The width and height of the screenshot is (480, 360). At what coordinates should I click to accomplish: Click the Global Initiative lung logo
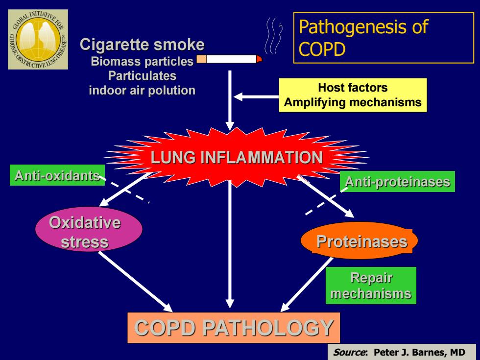(x=38, y=39)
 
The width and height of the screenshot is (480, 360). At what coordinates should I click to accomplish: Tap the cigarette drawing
(x=229, y=59)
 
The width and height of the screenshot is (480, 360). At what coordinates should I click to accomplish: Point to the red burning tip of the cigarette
(x=259, y=59)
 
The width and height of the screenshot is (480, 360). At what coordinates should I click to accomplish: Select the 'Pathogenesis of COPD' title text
(x=363, y=38)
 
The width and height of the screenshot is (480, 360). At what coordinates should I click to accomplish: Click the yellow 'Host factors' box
(x=353, y=95)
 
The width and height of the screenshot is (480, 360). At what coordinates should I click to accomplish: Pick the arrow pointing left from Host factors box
(x=256, y=97)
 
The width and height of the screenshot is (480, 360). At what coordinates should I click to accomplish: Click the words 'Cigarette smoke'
(x=142, y=45)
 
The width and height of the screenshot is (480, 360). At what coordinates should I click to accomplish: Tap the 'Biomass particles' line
(x=142, y=62)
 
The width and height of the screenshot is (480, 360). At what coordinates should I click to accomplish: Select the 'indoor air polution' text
(x=142, y=90)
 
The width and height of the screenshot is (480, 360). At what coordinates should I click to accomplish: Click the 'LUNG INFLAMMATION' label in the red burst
(x=236, y=157)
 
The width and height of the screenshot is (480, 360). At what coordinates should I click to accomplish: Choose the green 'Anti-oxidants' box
(x=57, y=175)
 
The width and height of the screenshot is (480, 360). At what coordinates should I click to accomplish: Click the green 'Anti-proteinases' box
(x=397, y=182)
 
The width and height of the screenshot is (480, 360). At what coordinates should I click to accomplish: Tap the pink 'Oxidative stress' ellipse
(x=89, y=229)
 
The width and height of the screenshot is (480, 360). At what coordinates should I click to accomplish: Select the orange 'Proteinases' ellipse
(x=360, y=240)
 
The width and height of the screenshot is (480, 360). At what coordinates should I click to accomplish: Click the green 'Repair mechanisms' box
(x=371, y=285)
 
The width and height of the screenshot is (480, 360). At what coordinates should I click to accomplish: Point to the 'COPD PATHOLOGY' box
(x=234, y=327)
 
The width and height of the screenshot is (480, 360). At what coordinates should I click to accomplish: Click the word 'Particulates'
(x=142, y=76)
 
